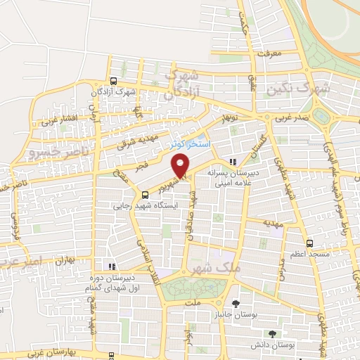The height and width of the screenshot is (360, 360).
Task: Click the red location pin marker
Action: pos(181,167)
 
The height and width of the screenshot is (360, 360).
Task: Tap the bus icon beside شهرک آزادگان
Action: pos(114,82)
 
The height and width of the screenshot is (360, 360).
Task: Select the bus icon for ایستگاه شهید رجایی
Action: pos(144,195)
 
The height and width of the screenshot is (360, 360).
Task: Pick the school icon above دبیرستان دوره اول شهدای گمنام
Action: pos(112,266)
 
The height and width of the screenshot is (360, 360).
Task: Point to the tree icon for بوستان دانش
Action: pos(271,334)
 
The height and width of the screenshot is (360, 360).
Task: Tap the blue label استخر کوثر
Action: pos(185,143)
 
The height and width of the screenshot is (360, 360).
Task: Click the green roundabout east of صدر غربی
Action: pos(323,116)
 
